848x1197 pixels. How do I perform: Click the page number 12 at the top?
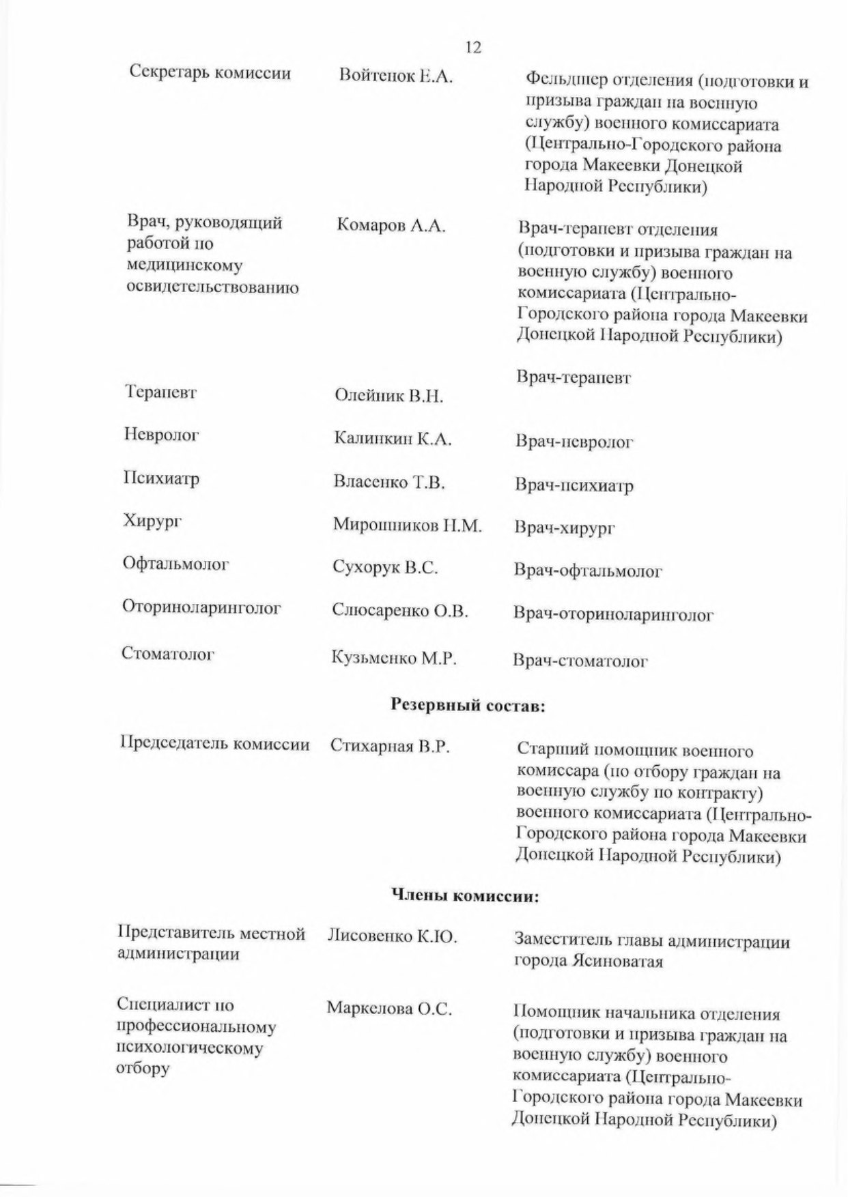click(x=472, y=47)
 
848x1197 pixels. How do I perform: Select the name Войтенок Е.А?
click(x=396, y=76)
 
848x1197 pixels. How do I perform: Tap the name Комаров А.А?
click(x=391, y=227)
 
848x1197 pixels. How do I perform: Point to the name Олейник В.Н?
click(x=388, y=396)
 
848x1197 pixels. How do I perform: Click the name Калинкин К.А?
click(x=393, y=439)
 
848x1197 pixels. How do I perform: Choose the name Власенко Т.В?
click(x=389, y=482)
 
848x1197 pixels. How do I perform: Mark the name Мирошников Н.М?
click(x=408, y=525)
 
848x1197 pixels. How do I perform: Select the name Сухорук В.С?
click(x=385, y=568)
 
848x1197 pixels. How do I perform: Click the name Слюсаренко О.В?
click(x=400, y=611)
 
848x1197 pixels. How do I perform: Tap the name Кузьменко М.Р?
click(x=394, y=658)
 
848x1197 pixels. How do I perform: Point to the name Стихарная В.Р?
click(x=390, y=746)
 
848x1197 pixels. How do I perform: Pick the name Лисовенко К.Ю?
click(x=392, y=936)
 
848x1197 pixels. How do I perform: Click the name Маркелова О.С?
click(x=389, y=1009)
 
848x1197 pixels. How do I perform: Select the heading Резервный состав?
click(x=468, y=706)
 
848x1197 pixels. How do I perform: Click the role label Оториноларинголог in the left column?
click(x=201, y=607)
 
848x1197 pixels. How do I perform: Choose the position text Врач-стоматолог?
click(x=580, y=661)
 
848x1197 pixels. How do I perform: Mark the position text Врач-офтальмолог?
click(x=588, y=571)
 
